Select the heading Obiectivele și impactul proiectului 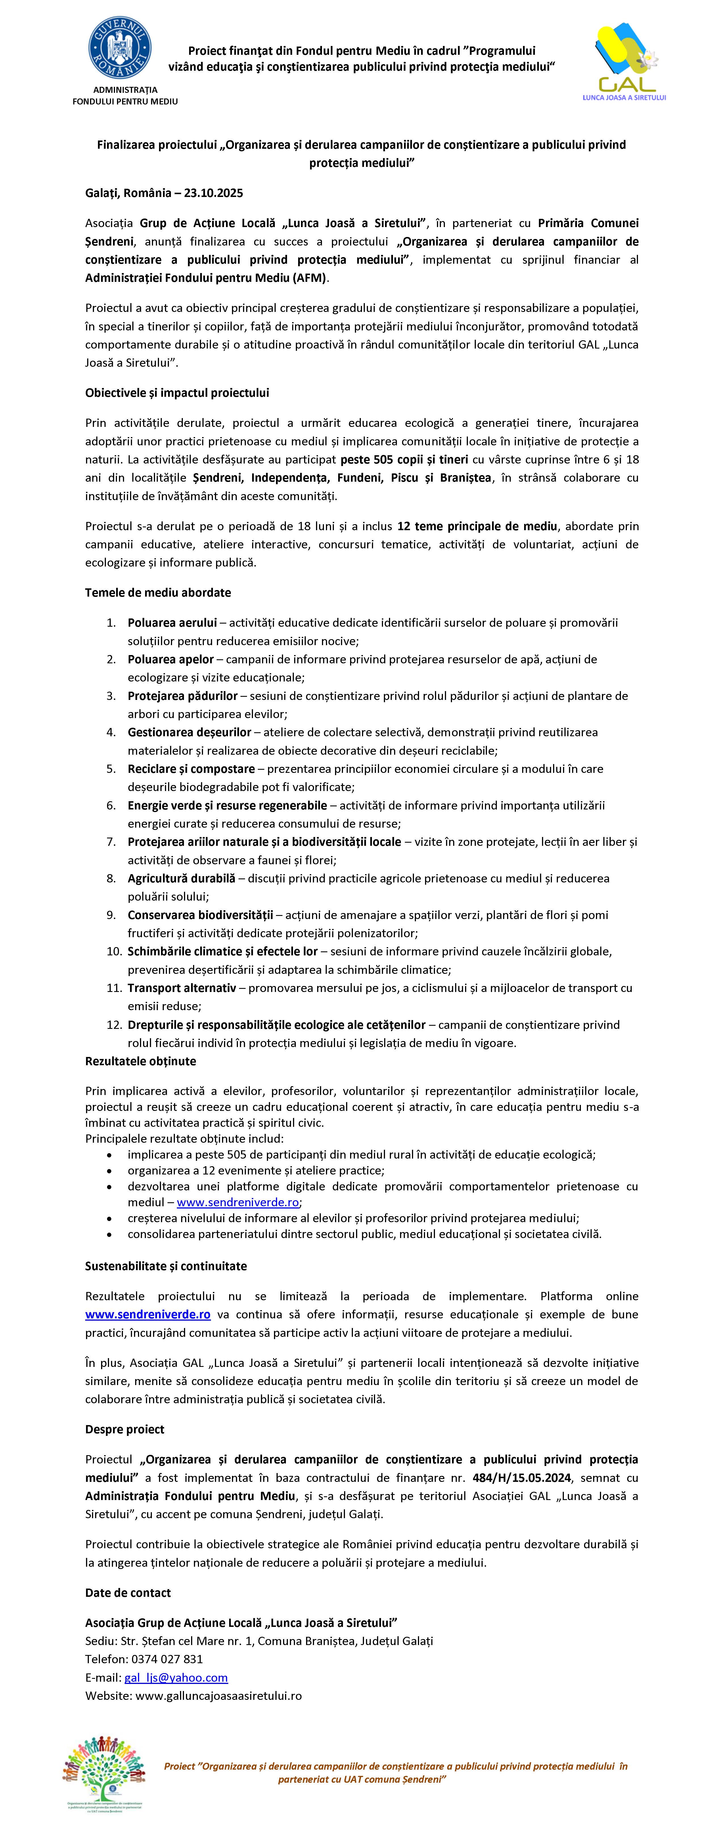pyautogui.click(x=177, y=393)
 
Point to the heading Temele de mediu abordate pyautogui.click(x=158, y=593)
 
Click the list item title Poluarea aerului pyautogui.click(x=172, y=623)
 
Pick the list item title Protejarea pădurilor pyautogui.click(x=182, y=696)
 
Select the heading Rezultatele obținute pyautogui.click(x=140, y=1061)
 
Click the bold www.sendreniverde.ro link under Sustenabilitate pyautogui.click(x=148, y=1314)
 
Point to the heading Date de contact pyautogui.click(x=127, y=1593)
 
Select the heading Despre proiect pyautogui.click(x=125, y=1429)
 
